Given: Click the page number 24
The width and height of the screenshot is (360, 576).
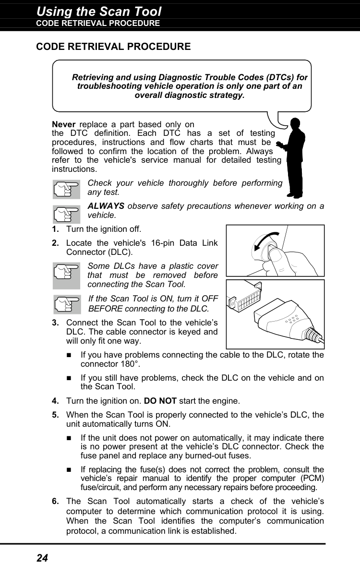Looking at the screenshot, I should pyautogui.click(x=42, y=558).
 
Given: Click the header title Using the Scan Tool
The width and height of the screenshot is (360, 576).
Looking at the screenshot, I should pyautogui.click(x=99, y=11).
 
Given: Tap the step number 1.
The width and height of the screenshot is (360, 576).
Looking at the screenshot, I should pyautogui.click(x=56, y=229).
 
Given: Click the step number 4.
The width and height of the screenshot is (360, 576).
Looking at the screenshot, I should pyautogui.click(x=56, y=401).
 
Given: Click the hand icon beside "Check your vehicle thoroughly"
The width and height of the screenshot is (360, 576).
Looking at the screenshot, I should pyautogui.click(x=66, y=188).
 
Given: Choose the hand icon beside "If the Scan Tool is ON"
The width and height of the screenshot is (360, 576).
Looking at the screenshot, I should pyautogui.click(x=66, y=303).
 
